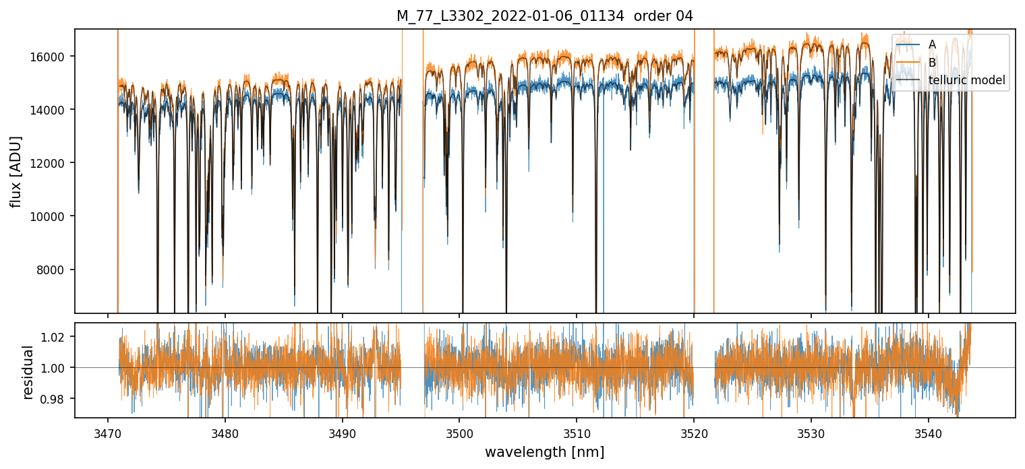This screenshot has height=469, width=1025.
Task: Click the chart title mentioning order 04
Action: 545,16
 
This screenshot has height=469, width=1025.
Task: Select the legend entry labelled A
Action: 932,44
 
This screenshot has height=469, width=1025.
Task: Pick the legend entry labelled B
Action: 932,63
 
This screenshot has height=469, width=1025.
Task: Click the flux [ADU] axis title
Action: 16,171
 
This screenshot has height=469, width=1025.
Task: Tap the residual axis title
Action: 28,372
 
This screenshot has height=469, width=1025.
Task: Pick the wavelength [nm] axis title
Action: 545,451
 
